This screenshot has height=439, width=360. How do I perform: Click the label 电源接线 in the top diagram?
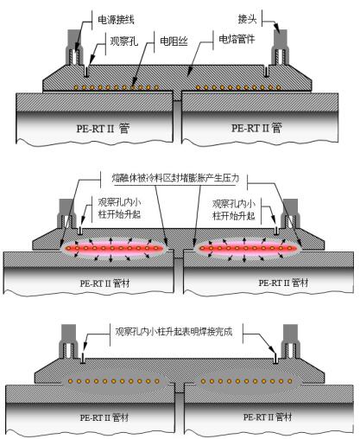[x=116, y=20]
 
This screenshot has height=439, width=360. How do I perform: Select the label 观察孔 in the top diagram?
[x=124, y=41]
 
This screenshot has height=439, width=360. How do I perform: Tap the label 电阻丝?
[x=174, y=41]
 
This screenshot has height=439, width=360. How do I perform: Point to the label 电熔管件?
[x=237, y=39]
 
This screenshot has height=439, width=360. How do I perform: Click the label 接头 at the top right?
[x=247, y=19]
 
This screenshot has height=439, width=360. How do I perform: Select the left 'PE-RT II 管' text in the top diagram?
[x=103, y=128]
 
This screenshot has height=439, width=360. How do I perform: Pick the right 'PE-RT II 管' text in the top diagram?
[x=256, y=128]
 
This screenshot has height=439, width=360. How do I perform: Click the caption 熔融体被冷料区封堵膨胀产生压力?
[x=175, y=178]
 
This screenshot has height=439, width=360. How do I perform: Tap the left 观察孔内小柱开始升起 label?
[x=119, y=208]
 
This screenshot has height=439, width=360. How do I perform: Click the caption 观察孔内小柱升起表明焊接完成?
[x=174, y=332]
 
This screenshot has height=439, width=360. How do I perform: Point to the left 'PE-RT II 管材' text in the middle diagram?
[x=104, y=283]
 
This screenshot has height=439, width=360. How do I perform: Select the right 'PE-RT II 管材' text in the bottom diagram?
[x=268, y=417]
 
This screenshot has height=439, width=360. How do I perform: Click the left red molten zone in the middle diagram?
[x=113, y=248]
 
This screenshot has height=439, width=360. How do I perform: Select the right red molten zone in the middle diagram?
[x=249, y=248]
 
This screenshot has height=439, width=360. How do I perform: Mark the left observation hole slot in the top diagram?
[x=86, y=71]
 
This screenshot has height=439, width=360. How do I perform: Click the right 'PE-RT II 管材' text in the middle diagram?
[x=283, y=283]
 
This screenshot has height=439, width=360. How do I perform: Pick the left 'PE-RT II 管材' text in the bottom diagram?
[x=104, y=417]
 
